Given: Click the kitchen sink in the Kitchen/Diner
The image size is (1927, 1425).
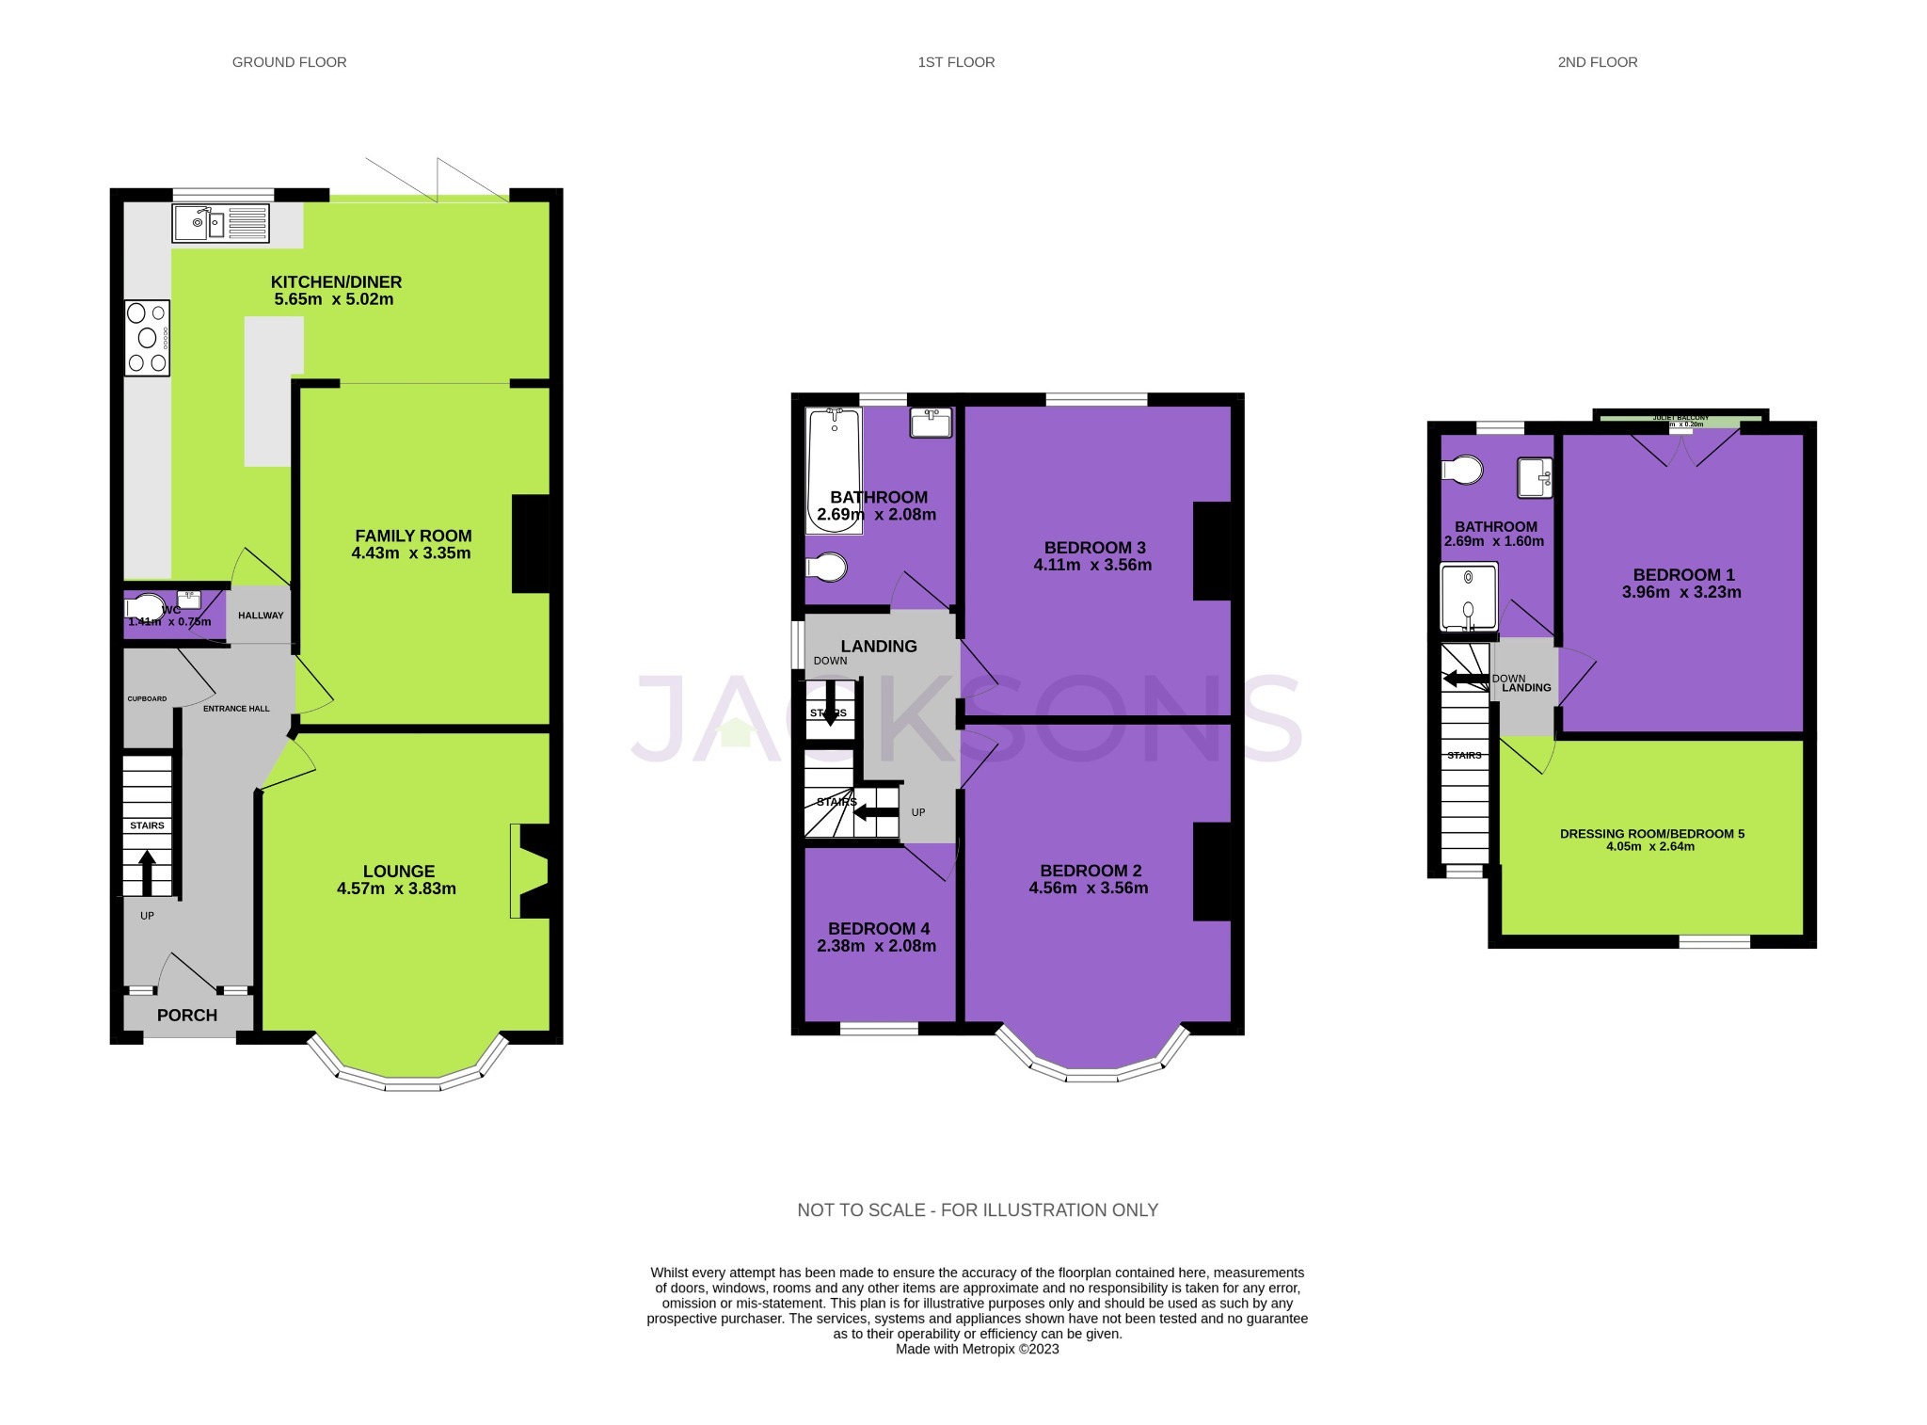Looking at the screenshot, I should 220,223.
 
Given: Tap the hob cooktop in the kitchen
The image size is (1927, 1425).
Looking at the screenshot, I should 147,337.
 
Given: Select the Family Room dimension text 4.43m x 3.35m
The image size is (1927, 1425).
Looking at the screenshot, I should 410,552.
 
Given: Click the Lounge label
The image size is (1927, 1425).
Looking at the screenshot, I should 399,871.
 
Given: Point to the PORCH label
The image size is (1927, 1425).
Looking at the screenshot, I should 186,1015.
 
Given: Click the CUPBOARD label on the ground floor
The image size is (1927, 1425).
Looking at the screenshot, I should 148,698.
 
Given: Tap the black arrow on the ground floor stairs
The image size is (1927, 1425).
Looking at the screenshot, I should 147,873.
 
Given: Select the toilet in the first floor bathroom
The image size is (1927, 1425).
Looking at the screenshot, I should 828,568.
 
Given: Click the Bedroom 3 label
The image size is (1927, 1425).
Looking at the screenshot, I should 1094,547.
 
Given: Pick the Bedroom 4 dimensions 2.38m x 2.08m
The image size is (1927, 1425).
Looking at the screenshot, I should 876,946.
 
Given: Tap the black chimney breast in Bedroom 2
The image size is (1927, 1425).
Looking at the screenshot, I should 1211,871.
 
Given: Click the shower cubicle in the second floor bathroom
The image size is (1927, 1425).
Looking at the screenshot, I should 1468,597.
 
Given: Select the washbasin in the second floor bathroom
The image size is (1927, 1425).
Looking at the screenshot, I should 1534,477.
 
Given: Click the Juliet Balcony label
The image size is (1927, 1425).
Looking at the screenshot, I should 1680,417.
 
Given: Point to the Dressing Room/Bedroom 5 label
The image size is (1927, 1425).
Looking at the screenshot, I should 1651,833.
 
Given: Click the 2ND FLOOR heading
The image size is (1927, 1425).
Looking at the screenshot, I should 1597,62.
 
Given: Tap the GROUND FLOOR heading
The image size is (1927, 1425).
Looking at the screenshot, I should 289,62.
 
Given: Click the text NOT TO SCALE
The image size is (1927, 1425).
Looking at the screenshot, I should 860,1209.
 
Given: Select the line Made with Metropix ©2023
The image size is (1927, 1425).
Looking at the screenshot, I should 977,1349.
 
